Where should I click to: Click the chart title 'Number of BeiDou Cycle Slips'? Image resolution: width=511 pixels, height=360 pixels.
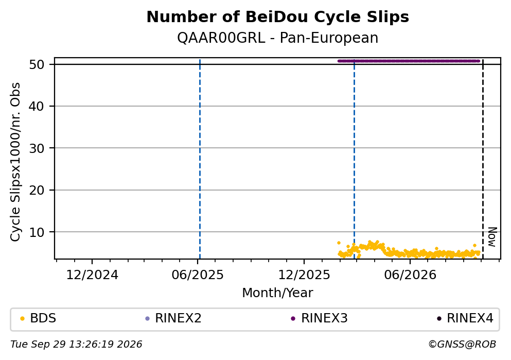[278, 17]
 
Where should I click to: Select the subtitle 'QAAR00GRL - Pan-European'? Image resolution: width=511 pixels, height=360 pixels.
[278, 38]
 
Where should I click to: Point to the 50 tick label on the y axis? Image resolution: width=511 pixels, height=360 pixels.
[37, 64]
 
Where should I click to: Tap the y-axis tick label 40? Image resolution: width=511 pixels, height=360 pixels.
[37, 106]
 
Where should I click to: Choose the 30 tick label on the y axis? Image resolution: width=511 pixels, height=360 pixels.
[37, 148]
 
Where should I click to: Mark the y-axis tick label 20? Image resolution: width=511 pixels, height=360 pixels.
[37, 190]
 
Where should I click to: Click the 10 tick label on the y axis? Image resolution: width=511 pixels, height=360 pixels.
[37, 232]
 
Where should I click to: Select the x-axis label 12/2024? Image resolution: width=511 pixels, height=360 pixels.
[92, 275]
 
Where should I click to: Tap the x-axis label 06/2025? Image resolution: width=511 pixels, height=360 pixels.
[198, 275]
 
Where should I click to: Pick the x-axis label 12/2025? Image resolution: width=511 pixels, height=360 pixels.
[304, 275]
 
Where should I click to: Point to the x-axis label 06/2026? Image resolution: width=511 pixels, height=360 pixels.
[410, 275]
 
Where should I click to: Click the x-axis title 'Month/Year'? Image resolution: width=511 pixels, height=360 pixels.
[278, 293]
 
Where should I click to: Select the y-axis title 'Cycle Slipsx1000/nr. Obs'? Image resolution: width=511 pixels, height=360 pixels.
[15, 162]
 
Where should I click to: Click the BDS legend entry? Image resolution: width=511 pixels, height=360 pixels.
[38, 318]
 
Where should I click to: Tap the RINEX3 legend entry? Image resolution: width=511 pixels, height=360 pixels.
[320, 318]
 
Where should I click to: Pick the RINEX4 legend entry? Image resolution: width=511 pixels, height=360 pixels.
[465, 318]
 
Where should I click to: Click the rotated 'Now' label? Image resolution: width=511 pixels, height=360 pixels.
[492, 237]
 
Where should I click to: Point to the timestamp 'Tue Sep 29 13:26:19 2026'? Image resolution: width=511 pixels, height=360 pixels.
[76, 345]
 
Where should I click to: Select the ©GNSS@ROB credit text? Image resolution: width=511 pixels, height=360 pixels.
[462, 345]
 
